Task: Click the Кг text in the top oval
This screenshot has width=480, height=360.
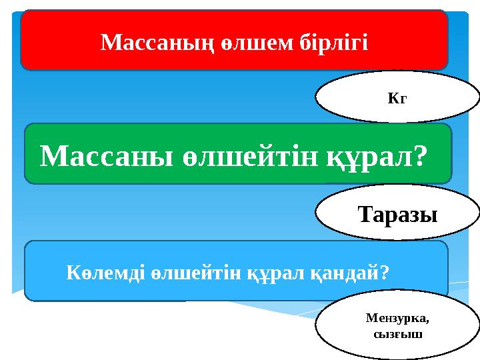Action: [397, 99]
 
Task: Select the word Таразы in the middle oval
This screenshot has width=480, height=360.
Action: [397, 215]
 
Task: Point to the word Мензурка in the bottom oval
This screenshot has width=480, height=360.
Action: [395, 319]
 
